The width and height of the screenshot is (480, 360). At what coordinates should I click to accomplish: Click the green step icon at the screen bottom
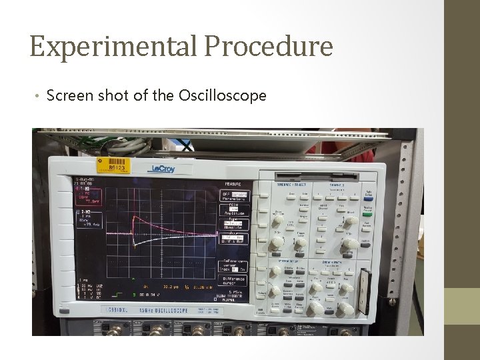tap(118, 293)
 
